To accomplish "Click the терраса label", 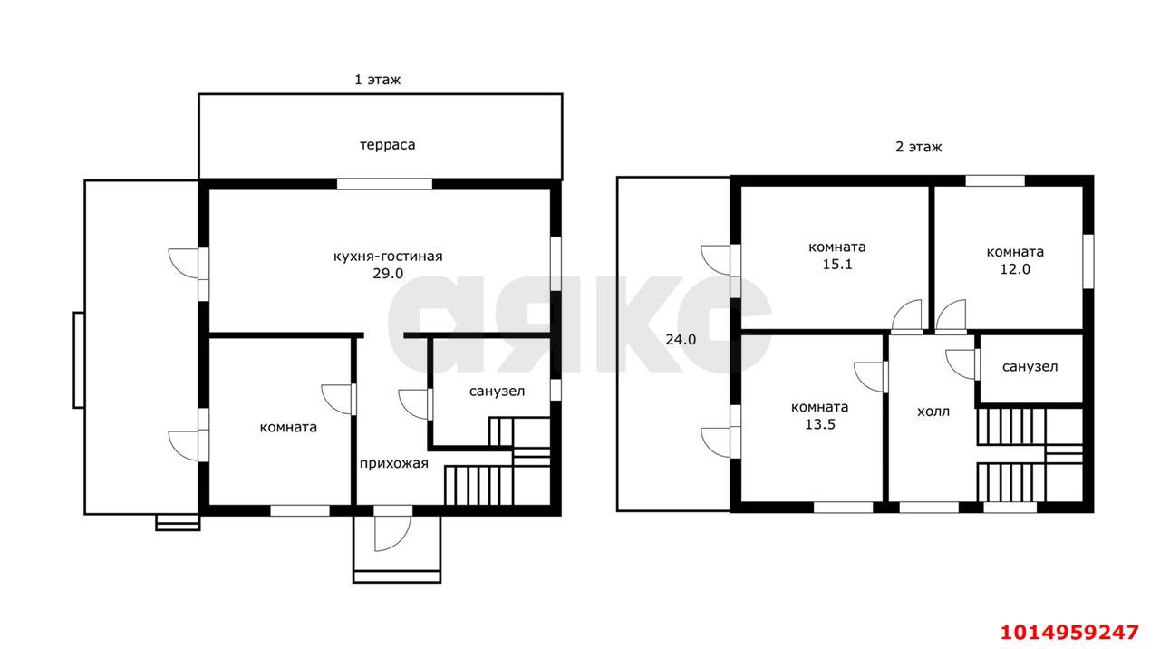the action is coord(387,145).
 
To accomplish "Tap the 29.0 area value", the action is coord(388,274).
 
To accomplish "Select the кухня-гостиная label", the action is coord(388,257).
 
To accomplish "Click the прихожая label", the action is coord(393,463).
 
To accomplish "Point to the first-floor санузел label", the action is coord(497,392).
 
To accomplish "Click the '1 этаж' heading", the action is coord(378,80).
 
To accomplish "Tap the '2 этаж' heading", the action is coord(919,147).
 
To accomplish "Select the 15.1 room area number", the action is coord(837,264).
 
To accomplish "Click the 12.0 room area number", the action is coord(1015,269).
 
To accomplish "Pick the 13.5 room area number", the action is coord(820,425).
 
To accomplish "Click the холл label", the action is coord(933,412).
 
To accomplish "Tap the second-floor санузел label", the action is coord(1029,367).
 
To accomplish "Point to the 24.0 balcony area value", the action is coord(681,340).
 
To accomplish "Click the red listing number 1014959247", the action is coord(1069,633).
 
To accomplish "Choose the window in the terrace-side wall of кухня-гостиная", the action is coord(384,184).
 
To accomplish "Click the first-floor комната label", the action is coord(288,427).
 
